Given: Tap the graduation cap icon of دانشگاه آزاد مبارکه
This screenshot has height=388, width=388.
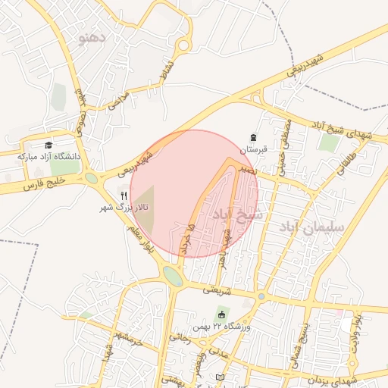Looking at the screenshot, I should click(x=48, y=145).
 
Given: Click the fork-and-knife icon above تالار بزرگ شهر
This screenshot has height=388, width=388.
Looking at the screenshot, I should click(x=124, y=195).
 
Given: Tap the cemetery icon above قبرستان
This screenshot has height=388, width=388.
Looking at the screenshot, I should click(x=252, y=138).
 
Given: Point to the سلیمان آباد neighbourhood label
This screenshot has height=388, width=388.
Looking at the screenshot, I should click(x=311, y=227).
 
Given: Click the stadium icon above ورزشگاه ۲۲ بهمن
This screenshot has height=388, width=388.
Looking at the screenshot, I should click(x=222, y=314).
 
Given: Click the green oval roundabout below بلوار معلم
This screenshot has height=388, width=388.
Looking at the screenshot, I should click(x=173, y=277).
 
